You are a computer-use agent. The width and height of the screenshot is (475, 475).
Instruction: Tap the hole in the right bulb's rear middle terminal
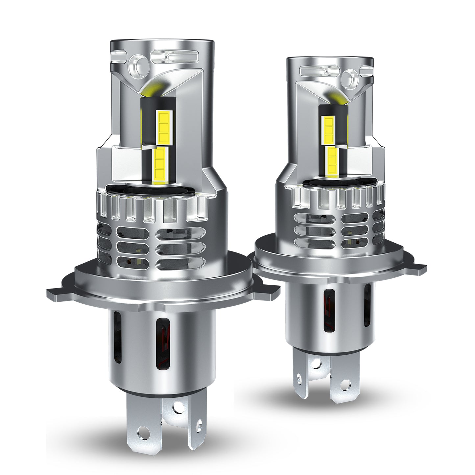point(316,362)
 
